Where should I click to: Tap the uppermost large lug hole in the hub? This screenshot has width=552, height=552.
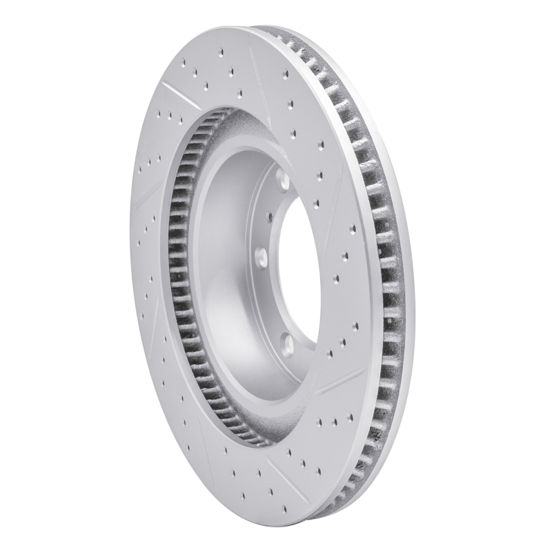(x=283, y=181)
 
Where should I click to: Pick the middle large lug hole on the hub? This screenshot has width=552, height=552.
(x=261, y=259)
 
